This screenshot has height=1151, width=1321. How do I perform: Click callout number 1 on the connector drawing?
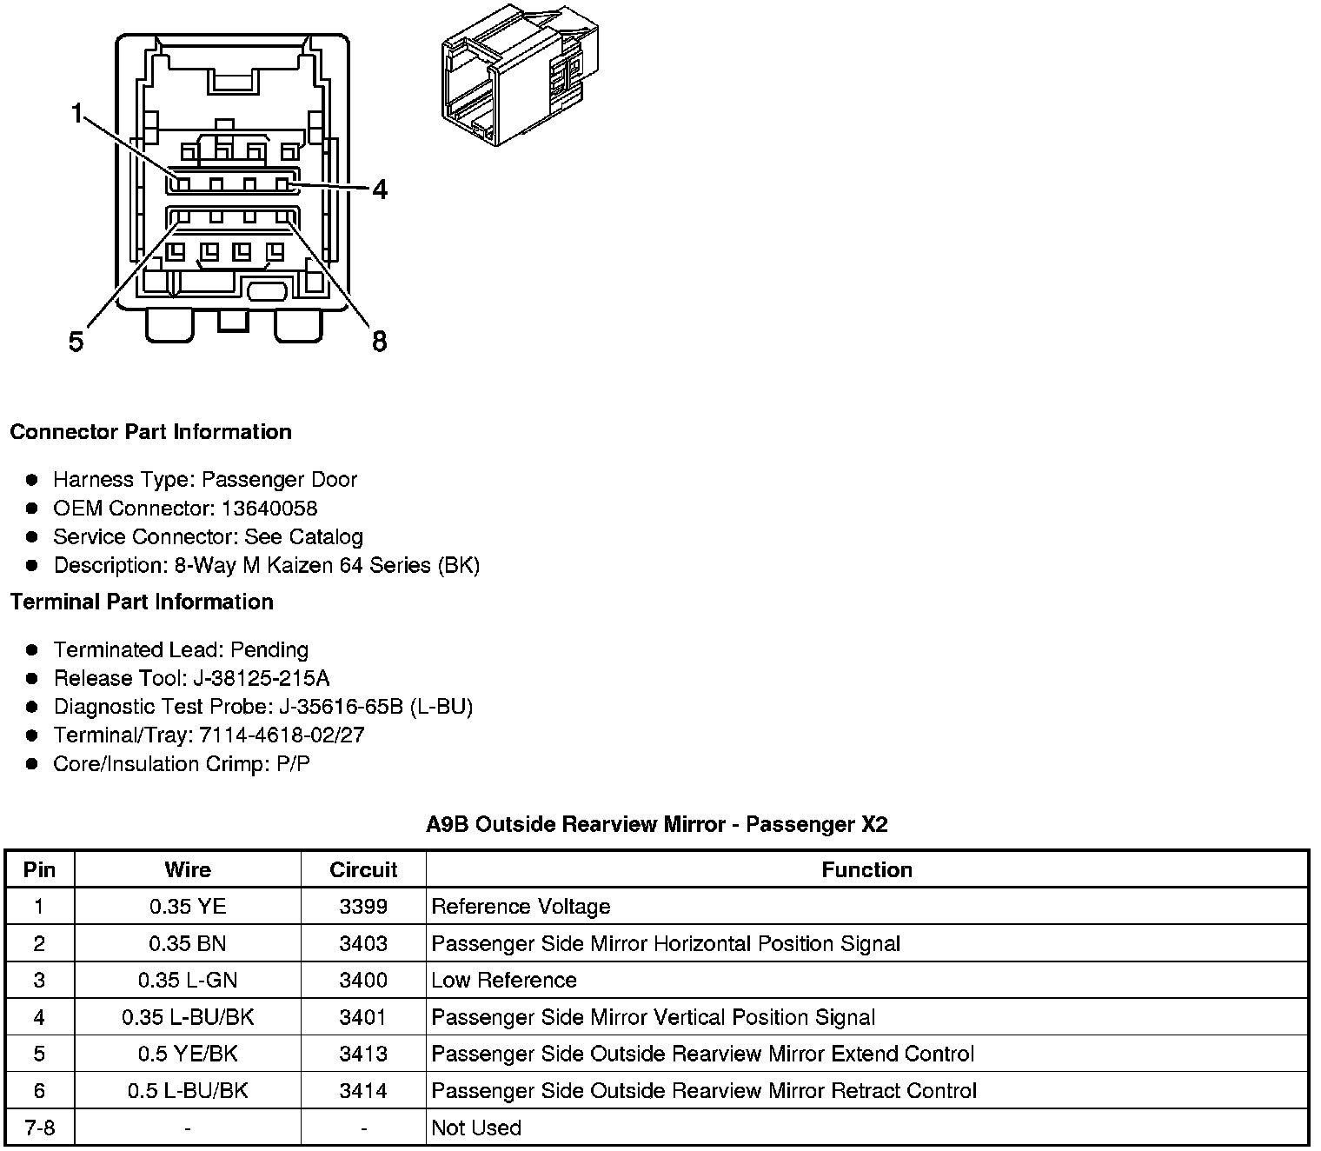click(78, 114)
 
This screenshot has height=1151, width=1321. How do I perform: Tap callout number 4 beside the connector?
click(380, 190)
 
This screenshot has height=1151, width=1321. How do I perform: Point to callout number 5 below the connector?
click(76, 342)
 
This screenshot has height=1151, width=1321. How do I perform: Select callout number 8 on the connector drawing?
click(379, 342)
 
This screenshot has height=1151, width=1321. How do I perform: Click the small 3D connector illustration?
click(520, 77)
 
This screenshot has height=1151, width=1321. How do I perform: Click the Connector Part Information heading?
click(150, 432)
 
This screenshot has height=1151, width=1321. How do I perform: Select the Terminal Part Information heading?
click(142, 602)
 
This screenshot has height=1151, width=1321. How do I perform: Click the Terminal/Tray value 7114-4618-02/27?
click(282, 735)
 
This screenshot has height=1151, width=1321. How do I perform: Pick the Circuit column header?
click(363, 869)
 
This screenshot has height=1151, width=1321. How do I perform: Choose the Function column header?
click(866, 869)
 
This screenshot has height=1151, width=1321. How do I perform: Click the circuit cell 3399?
click(363, 907)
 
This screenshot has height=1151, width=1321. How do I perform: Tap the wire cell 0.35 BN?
click(188, 943)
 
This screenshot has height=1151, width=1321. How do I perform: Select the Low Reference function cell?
click(504, 980)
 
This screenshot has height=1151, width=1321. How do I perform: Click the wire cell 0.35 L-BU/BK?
click(188, 1017)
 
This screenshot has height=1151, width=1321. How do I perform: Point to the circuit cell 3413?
click(363, 1054)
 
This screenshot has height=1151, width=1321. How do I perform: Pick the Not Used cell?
click(476, 1128)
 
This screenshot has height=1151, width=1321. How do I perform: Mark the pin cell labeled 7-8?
click(40, 1128)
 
